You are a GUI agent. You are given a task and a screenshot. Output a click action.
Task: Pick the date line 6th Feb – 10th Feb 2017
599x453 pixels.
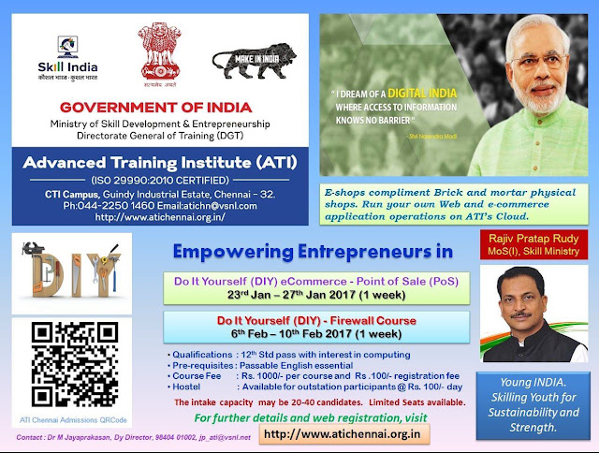pyautogui.click(x=318, y=334)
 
